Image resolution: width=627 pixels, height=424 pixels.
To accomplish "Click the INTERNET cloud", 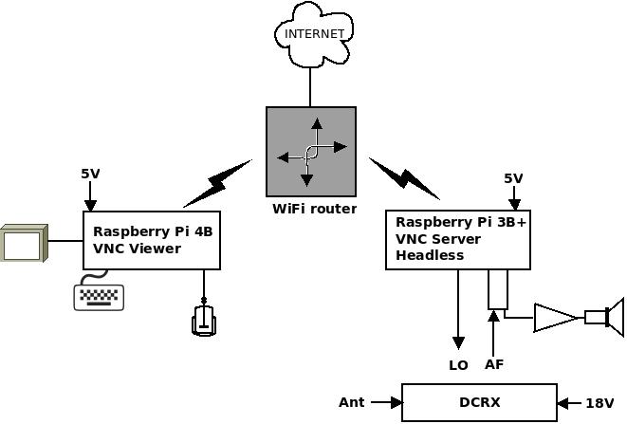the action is pyautogui.click(x=313, y=34).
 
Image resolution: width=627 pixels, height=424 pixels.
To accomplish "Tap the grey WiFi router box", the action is pyautogui.click(x=311, y=152).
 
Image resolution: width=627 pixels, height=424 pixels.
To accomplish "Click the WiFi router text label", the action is pyautogui.click(x=314, y=209).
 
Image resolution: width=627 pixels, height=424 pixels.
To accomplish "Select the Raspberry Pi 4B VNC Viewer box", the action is pyautogui.click(x=152, y=240).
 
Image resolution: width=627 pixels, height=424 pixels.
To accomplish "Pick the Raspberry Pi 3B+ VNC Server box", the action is pyautogui.click(x=458, y=240).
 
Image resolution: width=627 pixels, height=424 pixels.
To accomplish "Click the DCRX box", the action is pyautogui.click(x=479, y=402).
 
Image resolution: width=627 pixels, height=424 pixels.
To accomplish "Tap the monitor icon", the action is pyautogui.click(x=24, y=243).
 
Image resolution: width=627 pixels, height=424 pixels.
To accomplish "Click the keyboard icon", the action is pyautogui.click(x=99, y=297).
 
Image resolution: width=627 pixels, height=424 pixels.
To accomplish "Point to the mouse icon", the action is pyautogui.click(x=204, y=321).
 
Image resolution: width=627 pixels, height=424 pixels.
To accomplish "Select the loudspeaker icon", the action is pyautogui.click(x=604, y=318).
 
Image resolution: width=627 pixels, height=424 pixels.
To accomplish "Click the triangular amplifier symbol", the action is pyautogui.click(x=557, y=318).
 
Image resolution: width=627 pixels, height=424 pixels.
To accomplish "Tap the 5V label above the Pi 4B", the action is pyautogui.click(x=90, y=174).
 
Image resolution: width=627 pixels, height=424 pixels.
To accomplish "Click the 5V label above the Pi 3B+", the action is pyautogui.click(x=513, y=178).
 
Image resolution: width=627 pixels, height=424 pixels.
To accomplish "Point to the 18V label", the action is pyautogui.click(x=599, y=403).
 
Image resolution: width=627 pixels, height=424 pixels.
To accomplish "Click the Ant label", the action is pyautogui.click(x=352, y=402).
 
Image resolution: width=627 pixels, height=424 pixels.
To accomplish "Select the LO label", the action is pyautogui.click(x=458, y=365).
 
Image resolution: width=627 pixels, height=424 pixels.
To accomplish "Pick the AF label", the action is pyautogui.click(x=494, y=364).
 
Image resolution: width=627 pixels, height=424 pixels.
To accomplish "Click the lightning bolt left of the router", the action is pyautogui.click(x=218, y=183).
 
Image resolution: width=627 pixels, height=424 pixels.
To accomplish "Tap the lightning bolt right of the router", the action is pyautogui.click(x=405, y=178).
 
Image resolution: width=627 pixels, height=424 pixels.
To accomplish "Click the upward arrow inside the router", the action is pyautogui.click(x=317, y=132).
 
